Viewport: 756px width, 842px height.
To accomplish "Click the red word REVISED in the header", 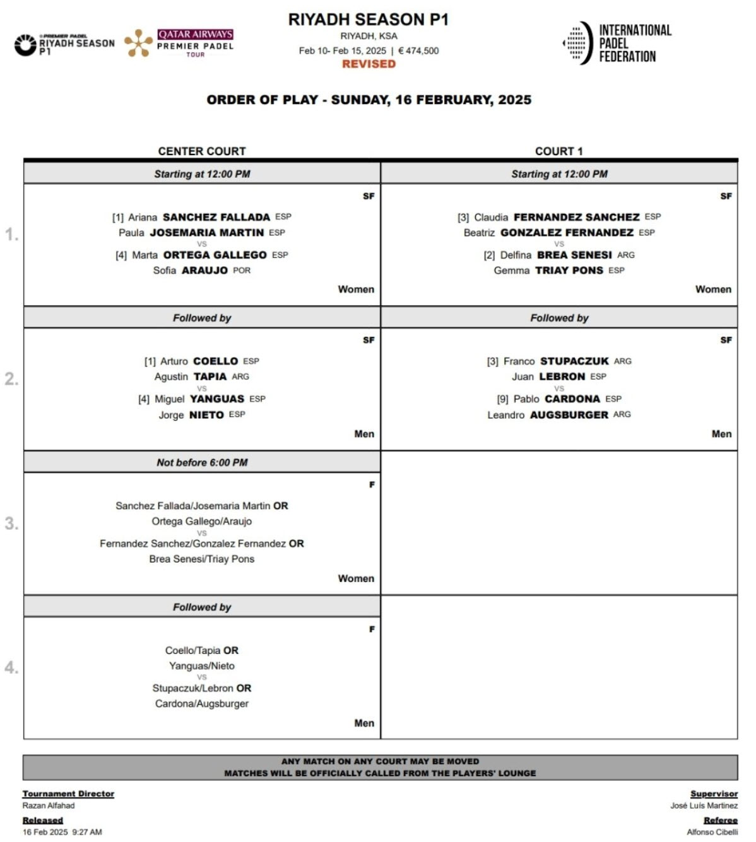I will click(369, 64).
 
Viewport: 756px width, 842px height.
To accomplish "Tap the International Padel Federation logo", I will click(617, 44).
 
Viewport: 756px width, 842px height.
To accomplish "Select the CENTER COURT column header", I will click(202, 151).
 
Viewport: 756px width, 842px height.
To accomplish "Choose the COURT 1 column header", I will click(558, 151).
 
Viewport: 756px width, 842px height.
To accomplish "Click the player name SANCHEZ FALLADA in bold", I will click(216, 217).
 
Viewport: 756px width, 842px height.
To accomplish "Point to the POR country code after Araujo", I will click(242, 271).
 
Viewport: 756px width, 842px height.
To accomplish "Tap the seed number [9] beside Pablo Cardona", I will click(502, 399).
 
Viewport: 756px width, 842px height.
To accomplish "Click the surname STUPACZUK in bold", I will click(574, 361).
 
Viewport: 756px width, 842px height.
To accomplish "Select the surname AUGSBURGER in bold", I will click(569, 415).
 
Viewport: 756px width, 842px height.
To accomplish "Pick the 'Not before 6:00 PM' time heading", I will click(202, 462).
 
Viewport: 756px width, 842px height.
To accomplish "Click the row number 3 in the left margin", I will click(11, 523).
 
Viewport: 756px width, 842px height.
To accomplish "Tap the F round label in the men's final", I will click(372, 629).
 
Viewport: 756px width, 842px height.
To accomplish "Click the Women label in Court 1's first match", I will click(713, 289).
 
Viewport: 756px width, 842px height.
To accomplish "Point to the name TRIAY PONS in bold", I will click(569, 271).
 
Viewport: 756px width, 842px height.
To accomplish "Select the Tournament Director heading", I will click(68, 793).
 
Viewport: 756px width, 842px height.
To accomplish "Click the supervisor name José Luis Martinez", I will click(704, 805).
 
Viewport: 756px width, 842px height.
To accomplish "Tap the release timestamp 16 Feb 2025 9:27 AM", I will click(62, 832).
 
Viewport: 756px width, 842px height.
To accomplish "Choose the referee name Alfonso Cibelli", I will click(712, 832).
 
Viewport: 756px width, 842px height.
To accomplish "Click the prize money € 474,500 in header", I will click(418, 50).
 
